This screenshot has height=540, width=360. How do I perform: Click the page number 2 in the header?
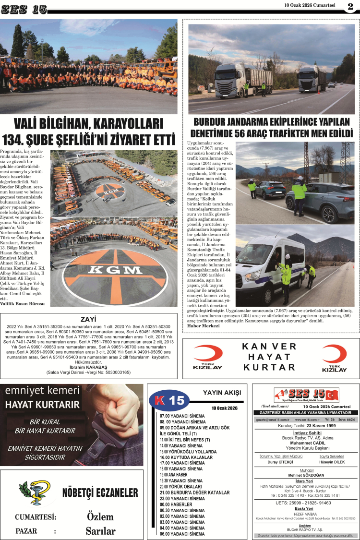(x=350, y=6)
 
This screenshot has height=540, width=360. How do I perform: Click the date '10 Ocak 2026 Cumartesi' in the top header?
(x=310, y=5)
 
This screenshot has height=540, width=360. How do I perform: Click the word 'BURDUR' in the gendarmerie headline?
(x=211, y=122)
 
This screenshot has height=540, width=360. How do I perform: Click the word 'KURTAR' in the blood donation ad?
(x=269, y=367)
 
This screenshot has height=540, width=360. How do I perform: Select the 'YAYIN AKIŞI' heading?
(x=222, y=393)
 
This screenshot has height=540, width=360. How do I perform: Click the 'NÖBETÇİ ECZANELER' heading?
(x=100, y=493)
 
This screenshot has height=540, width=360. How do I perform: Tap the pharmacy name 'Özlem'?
(x=100, y=516)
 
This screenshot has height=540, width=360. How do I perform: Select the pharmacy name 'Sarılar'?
(x=100, y=531)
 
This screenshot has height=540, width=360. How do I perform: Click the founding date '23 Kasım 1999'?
(x=317, y=425)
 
